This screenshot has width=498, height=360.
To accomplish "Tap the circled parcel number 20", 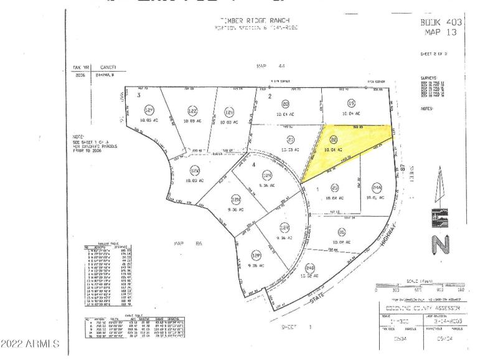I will click(x=286, y=104).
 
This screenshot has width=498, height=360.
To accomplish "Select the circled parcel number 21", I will click(x=290, y=140).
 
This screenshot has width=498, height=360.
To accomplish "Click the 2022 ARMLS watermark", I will click(x=31, y=343).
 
